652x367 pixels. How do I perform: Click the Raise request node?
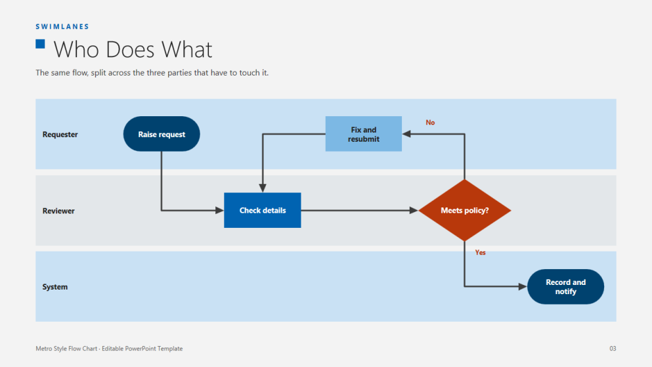coord(162,134)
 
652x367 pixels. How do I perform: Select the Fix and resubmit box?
coord(363,134)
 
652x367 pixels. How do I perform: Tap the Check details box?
coord(263,210)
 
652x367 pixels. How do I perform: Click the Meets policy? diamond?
coord(464,210)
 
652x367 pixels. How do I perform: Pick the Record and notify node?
coord(565,287)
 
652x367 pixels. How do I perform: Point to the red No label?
coord(430,123)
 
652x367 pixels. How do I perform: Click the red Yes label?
coord(480,252)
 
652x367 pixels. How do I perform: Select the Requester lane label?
coord(60,134)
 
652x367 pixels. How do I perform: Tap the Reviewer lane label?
coord(58,211)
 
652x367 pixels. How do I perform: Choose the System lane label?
coord(54,287)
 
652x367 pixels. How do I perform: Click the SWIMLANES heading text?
coord(62,27)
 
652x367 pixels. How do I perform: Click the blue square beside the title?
coord(40,43)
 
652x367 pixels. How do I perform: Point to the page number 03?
coord(613,349)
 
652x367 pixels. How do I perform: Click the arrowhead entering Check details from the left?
coord(220,210)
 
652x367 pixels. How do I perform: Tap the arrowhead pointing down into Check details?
coord(263,188)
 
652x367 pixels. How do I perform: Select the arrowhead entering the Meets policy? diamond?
coord(414,210)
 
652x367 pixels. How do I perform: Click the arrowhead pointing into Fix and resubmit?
coord(406,134)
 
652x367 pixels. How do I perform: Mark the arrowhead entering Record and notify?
coord(523,287)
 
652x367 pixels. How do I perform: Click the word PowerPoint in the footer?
coord(140,349)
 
